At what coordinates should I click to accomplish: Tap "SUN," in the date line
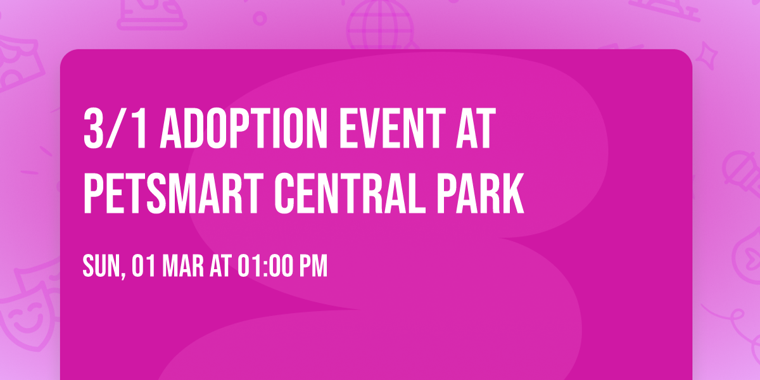(102, 267)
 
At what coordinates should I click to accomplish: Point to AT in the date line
(220, 267)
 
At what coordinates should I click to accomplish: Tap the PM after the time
(313, 267)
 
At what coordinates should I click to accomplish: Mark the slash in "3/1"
(115, 129)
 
